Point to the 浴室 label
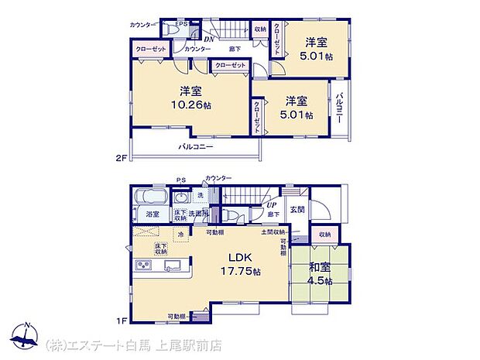pos(152,214)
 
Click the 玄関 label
pos(298,208)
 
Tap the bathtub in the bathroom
pos(146,197)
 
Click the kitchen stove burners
pos(146,266)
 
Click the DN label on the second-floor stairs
pos(208,39)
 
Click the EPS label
pos(181,23)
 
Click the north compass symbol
pos(28,335)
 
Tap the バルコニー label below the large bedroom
pos(196,146)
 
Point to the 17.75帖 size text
pos(236,272)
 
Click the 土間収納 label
pos(273,232)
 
